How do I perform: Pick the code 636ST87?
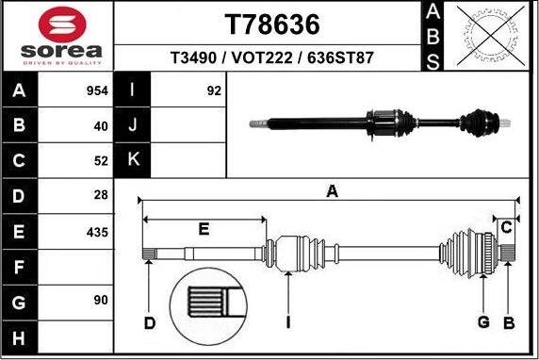[x=341, y=57]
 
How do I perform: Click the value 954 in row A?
[x=97, y=91]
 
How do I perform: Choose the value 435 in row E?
[x=97, y=232]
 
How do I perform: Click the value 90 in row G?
[x=100, y=301]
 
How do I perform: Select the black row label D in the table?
[x=19, y=196]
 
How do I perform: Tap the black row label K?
[x=132, y=160]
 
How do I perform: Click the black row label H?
[x=19, y=336]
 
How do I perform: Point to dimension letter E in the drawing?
[x=204, y=229]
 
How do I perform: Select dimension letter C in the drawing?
[x=506, y=227]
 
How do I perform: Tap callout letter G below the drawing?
[x=482, y=323]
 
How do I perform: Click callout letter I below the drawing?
[x=288, y=323]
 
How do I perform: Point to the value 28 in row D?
[x=100, y=196]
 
